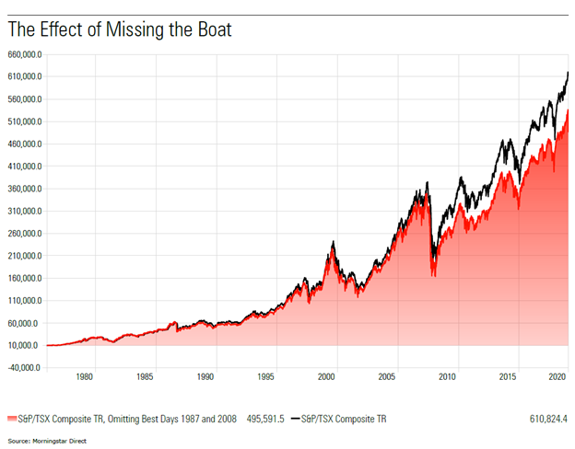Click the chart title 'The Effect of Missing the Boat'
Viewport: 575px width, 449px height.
tap(119, 30)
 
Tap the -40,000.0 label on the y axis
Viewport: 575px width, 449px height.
tap(23, 368)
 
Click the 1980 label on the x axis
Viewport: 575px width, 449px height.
tap(85, 377)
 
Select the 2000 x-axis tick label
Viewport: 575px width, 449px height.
tap(327, 377)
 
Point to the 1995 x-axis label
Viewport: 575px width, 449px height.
tap(266, 377)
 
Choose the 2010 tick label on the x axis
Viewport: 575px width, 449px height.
tap(448, 377)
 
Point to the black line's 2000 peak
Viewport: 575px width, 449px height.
tap(333, 242)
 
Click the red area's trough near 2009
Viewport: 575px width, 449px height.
tap(434, 275)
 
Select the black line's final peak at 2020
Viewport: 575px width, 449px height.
tap(568, 72)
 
